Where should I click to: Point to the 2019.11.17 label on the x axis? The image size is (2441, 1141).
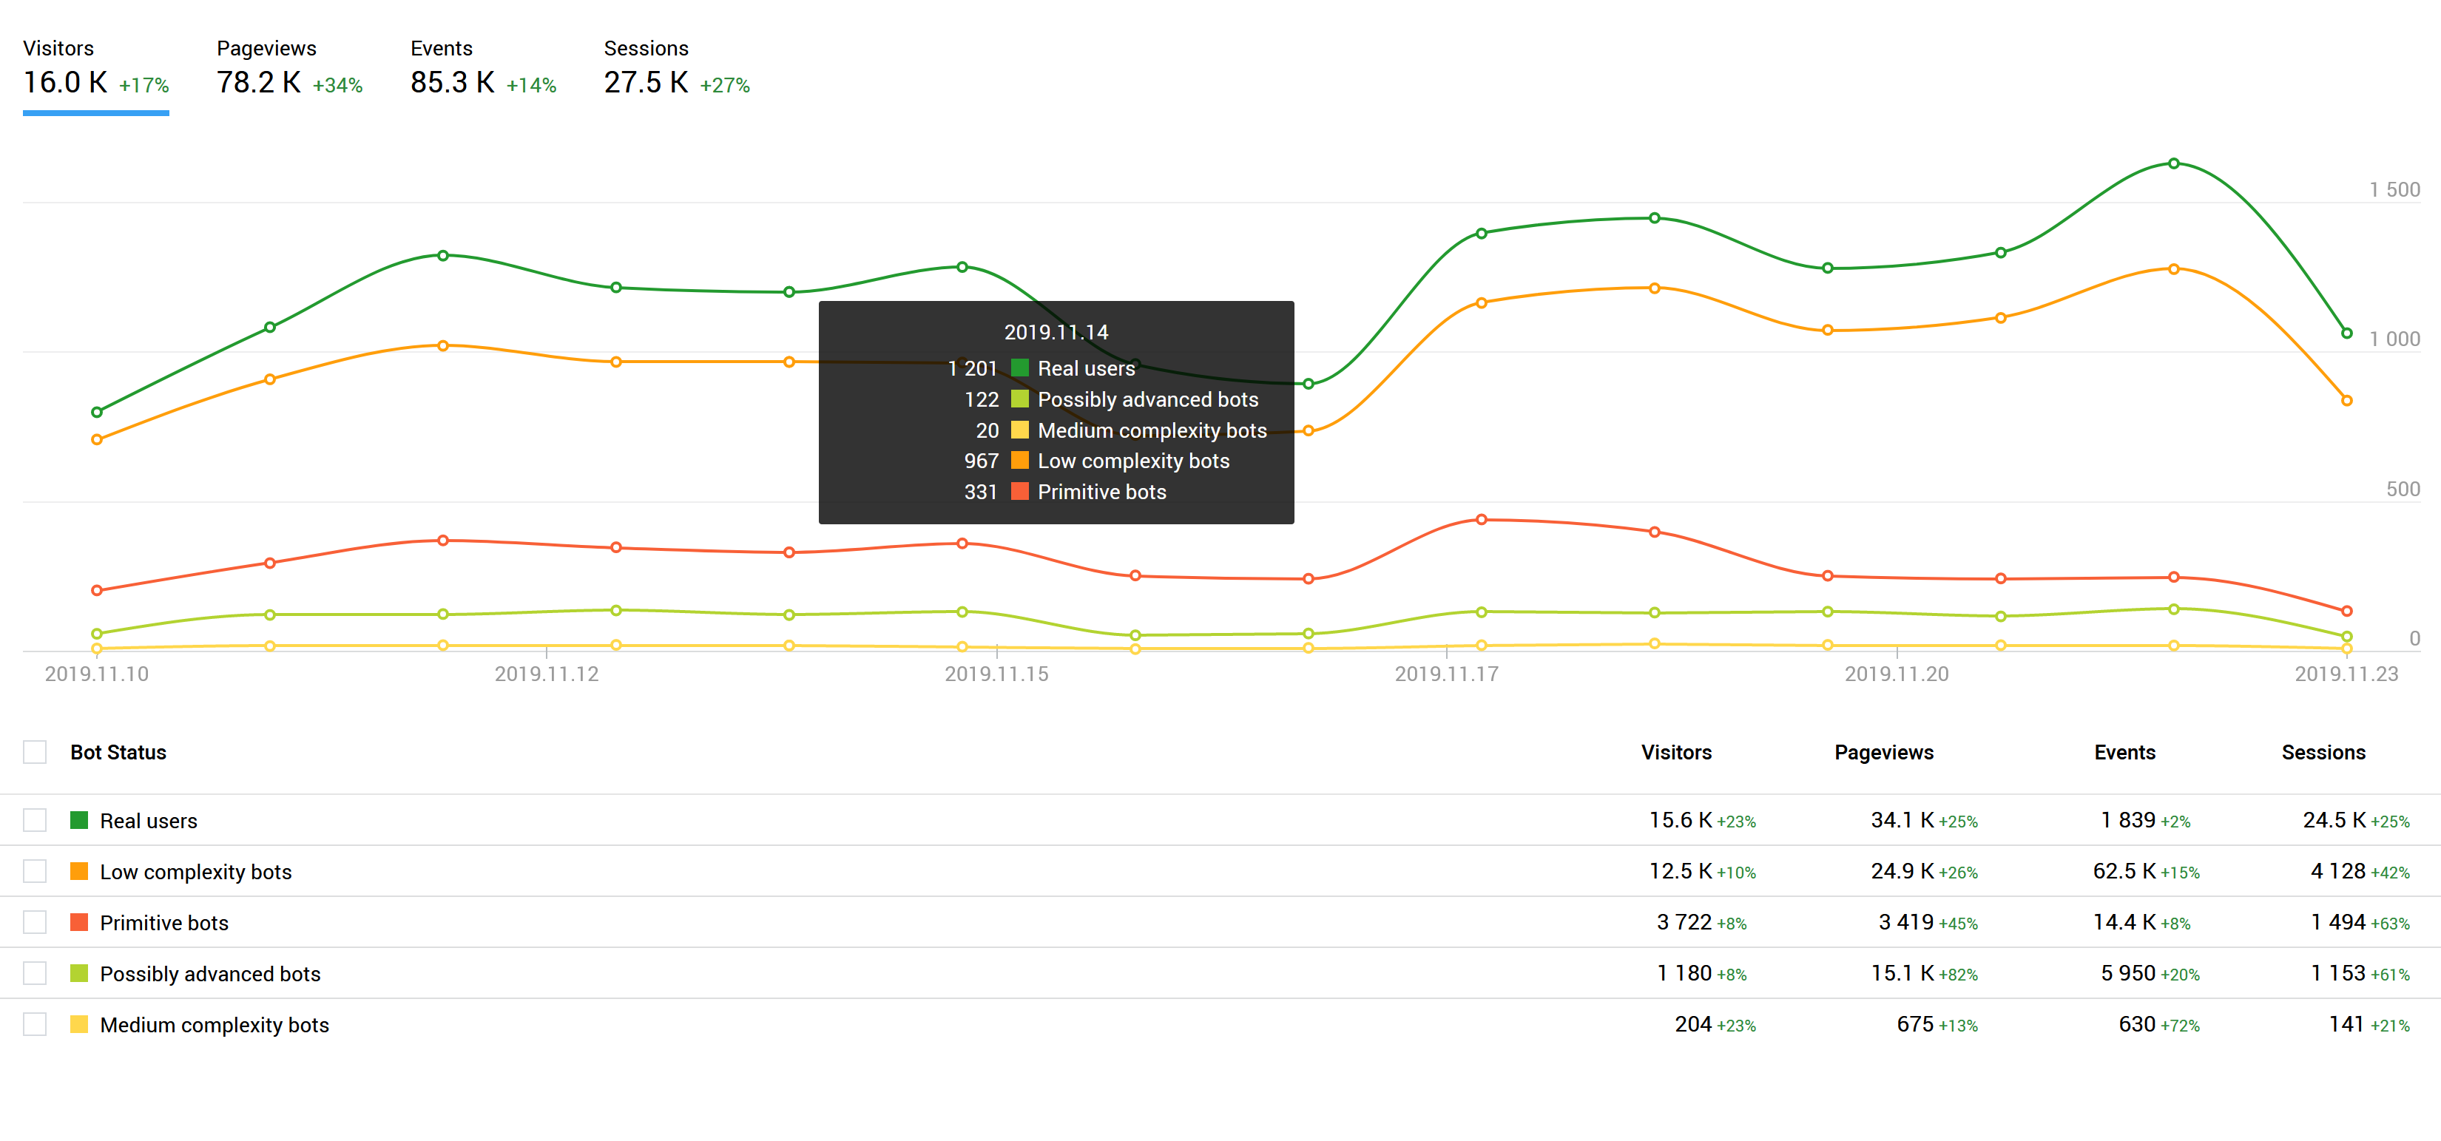(x=1446, y=674)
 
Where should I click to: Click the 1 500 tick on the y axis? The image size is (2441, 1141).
(x=2394, y=189)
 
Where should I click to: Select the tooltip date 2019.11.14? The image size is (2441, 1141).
(x=1056, y=333)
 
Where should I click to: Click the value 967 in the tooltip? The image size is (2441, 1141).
(x=981, y=461)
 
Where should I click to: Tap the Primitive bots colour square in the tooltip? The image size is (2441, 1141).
(x=1019, y=492)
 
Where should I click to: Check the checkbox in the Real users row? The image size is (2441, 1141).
(x=35, y=821)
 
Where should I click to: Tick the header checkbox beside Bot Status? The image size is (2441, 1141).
(x=35, y=753)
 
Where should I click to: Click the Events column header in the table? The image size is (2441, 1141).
(x=2124, y=753)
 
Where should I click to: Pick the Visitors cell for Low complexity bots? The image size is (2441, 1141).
(x=1680, y=872)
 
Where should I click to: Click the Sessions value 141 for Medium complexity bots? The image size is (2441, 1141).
(x=2346, y=1024)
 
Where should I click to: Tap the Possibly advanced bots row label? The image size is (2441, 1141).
(x=210, y=974)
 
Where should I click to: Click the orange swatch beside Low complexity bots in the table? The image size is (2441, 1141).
(x=80, y=872)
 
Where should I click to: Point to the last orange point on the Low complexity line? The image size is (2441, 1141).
(x=2346, y=401)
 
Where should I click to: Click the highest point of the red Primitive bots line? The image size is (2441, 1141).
(x=1481, y=519)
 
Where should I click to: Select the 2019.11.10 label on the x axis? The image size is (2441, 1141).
(x=97, y=674)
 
